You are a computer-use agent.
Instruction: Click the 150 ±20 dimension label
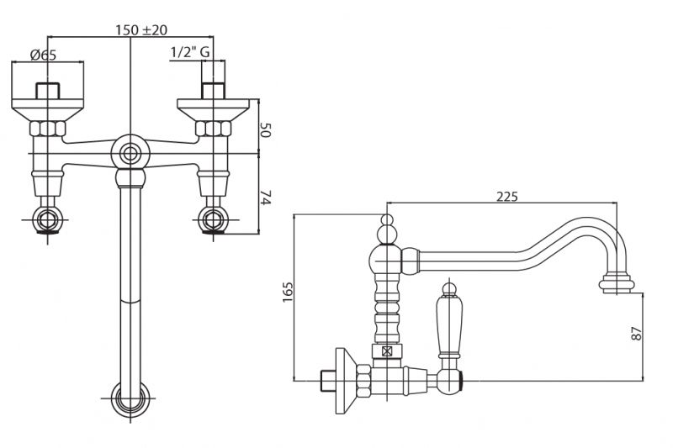(142, 29)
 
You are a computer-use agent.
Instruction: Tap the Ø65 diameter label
(43, 55)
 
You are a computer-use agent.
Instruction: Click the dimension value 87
(637, 331)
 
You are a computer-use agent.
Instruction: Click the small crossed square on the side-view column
(387, 351)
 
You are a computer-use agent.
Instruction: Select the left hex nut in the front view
(48, 129)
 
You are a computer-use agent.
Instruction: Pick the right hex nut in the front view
(213, 129)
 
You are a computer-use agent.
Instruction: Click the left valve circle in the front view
(48, 222)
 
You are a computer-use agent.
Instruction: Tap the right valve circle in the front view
(213, 222)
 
